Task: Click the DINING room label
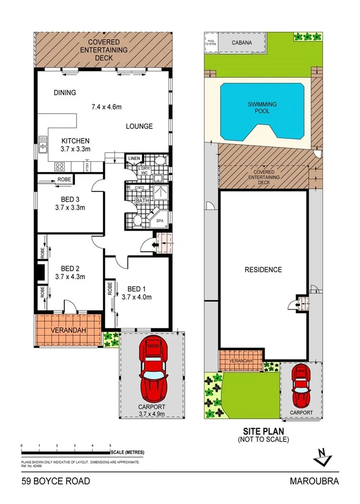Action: tap(65, 92)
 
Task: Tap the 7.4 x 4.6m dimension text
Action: tap(106, 107)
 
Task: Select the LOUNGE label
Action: tap(139, 126)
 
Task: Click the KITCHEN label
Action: tap(75, 141)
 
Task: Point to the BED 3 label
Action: tap(70, 199)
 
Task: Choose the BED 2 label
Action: tap(70, 267)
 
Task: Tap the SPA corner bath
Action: tap(160, 221)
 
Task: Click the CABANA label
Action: tap(243, 43)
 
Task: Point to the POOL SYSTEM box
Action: tap(211, 42)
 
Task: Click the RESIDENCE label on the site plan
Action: tap(263, 270)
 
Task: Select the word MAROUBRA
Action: tap(315, 481)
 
